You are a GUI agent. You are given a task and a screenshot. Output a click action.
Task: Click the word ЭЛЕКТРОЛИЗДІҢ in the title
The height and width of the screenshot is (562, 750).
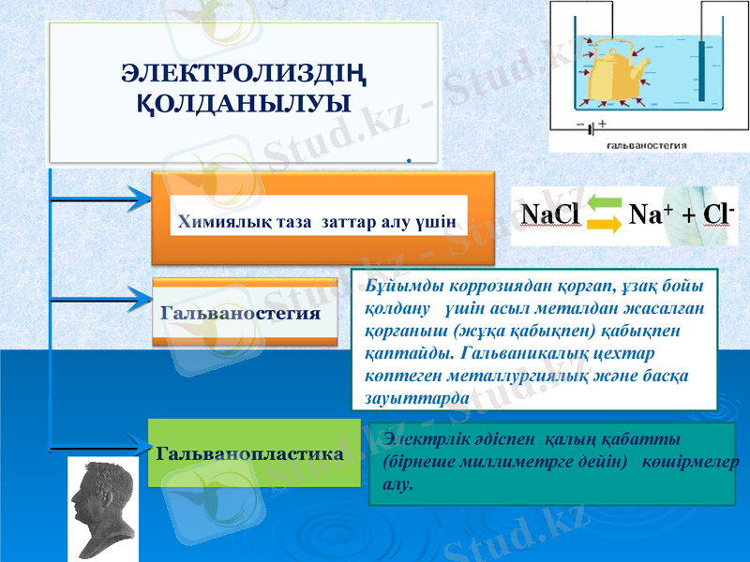[244, 72]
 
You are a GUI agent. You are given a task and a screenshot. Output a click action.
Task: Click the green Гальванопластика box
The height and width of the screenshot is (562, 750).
[253, 453]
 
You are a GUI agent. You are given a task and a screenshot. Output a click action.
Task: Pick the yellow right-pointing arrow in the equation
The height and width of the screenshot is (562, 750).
[605, 225]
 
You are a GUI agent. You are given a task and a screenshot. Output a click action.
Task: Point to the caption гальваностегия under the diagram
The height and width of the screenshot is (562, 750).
[648, 145]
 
